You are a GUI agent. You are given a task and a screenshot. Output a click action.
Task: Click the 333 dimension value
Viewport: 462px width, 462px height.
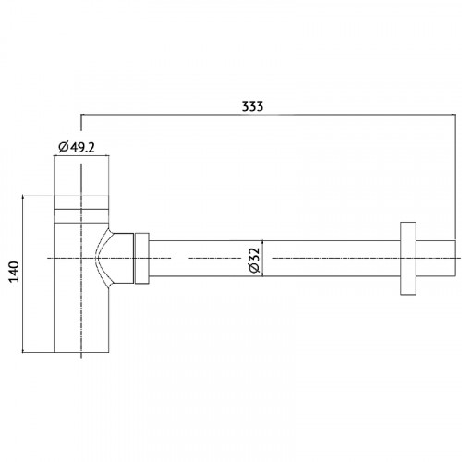point(252,106)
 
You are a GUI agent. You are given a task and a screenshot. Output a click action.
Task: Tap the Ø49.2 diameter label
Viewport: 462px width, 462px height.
point(77,147)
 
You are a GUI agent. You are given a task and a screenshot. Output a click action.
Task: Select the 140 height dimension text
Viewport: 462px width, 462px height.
point(14,272)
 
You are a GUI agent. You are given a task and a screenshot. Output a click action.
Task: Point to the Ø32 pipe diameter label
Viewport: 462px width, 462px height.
point(255,261)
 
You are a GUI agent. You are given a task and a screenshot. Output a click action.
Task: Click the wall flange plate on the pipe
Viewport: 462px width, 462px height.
point(407,258)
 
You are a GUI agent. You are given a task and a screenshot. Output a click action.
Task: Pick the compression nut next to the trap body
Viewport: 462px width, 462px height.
point(141,258)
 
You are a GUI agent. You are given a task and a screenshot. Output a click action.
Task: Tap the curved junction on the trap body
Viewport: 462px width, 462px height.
point(103,259)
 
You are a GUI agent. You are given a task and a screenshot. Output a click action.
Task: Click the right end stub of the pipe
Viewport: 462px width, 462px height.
point(435,258)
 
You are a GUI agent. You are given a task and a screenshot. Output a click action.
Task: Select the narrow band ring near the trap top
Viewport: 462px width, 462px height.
point(81,215)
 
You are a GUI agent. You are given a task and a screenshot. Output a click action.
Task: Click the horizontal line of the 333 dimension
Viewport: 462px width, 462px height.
point(268,115)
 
